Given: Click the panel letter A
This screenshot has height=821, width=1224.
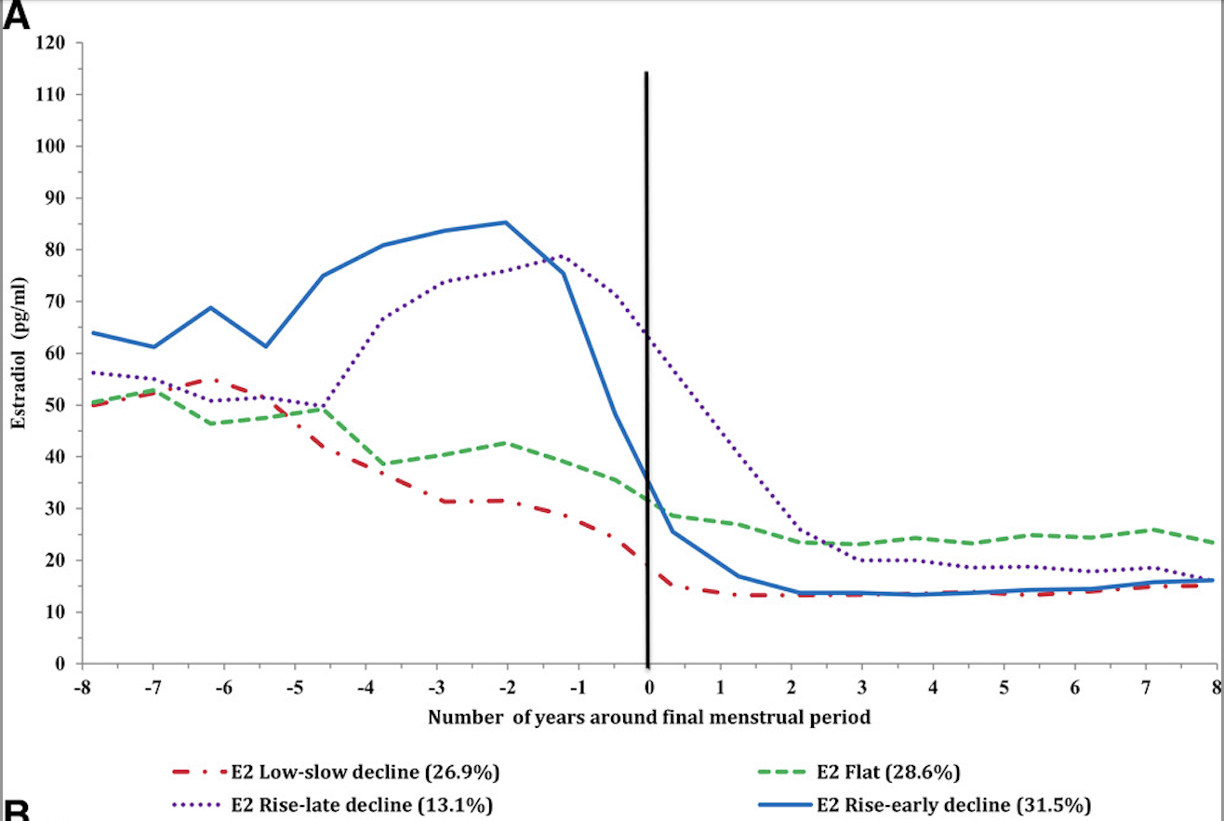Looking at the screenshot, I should (x=17, y=16).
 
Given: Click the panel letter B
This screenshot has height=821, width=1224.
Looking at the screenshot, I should (x=16, y=808).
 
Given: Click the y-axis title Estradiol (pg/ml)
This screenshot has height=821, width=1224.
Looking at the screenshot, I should (x=18, y=353).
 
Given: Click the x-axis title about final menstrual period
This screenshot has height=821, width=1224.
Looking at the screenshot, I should (x=649, y=718).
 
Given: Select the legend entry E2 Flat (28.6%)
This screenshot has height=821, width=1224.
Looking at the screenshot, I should (x=887, y=772).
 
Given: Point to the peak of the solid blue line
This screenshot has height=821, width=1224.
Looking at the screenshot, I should (x=505, y=222).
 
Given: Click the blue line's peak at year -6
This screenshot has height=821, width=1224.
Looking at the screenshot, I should (x=211, y=307).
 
